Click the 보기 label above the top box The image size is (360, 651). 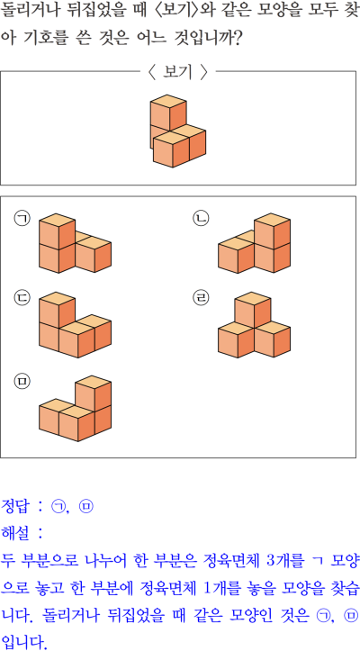coord(177,73)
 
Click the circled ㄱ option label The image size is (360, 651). coord(22,219)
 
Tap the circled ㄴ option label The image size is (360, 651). coord(201,219)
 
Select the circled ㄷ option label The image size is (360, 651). coord(22,298)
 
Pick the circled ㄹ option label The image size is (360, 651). coord(201,298)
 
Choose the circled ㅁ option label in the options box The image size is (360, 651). coord(22,381)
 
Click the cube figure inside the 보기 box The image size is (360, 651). coord(177,131)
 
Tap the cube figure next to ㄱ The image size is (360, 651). coord(75,243)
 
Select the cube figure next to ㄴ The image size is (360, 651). coord(254,243)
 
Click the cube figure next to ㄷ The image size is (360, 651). coord(75,325)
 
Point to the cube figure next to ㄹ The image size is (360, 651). coord(254,325)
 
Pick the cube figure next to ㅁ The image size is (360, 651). coord(75,409)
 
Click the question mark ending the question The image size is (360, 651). coord(237,38)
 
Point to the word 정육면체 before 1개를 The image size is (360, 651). coord(175,588)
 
